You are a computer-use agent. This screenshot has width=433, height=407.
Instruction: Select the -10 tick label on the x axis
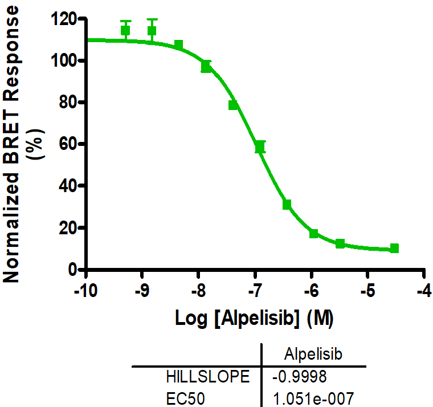coord(85,290)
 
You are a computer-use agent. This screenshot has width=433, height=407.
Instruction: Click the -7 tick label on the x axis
coord(255,290)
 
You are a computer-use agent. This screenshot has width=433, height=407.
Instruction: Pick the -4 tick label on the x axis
coord(424,290)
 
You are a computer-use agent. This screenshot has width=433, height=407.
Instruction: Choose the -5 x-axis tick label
coord(367,290)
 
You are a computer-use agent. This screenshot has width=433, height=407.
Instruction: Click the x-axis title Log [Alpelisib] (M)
coord(254,318)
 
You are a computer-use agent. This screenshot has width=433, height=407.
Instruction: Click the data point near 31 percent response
coord(287,204)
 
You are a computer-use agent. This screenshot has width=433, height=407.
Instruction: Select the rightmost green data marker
coord(394,249)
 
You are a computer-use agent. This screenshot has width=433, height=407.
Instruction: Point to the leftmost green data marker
coord(125,30)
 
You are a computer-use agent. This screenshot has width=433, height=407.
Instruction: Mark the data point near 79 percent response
coord(233,105)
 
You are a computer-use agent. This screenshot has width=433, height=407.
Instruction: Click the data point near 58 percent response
coord(260,148)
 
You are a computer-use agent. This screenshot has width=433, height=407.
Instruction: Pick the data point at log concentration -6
coord(313,234)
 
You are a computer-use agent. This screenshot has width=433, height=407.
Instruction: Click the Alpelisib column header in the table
coord(313,355)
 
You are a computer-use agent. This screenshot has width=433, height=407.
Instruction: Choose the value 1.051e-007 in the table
coord(313,397)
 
